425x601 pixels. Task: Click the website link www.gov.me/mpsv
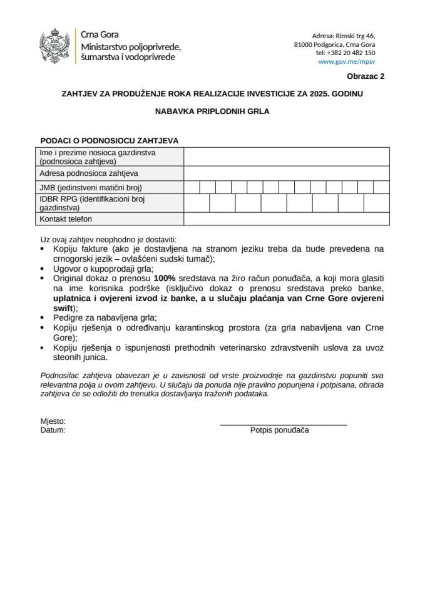pos(347,62)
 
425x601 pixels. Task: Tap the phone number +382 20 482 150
pos(346,53)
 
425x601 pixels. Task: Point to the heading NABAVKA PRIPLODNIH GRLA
pos(212,113)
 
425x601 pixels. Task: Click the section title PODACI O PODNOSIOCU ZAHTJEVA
pos(110,141)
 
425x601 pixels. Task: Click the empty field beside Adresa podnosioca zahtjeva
pos(286,173)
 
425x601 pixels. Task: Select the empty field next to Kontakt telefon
pos(286,219)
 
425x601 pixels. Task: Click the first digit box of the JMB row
pos(192,187)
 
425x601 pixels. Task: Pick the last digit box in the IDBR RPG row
pos(376,203)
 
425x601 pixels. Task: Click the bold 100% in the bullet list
pos(164,277)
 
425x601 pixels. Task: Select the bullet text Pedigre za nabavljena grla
pos(105,317)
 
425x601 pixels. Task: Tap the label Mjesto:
pos(53,421)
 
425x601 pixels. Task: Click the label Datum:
pos(53,430)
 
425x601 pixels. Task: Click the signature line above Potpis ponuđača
pos(283,425)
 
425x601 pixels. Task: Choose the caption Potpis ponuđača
pos(279,430)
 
